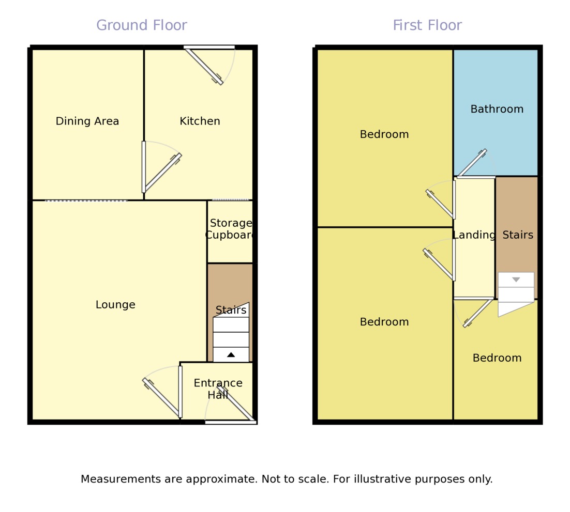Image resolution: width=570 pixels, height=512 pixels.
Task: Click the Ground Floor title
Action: point(141,25)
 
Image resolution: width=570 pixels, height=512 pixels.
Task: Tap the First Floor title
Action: point(427,25)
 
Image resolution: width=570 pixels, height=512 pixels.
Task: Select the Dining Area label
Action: point(87,121)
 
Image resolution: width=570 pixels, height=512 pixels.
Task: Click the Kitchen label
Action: point(200,121)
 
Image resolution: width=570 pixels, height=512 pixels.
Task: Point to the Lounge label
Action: point(115,305)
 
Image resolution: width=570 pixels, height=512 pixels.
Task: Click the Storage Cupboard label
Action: point(230,229)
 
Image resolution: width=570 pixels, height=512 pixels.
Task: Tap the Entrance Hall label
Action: point(218,389)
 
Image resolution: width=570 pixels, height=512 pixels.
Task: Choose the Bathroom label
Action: point(497,109)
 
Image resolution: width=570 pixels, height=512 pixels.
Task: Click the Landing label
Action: point(474,235)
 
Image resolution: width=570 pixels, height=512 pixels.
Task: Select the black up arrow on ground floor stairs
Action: point(231,354)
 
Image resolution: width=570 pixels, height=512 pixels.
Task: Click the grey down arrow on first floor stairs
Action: point(516,280)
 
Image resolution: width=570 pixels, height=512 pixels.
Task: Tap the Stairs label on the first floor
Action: point(518,235)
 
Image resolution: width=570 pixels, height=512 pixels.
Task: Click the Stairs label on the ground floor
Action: point(231,311)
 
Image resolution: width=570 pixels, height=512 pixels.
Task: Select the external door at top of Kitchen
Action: point(204,66)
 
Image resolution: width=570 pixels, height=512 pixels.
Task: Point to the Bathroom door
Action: point(471,163)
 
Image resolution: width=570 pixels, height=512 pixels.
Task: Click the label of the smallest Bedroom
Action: point(497,358)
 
